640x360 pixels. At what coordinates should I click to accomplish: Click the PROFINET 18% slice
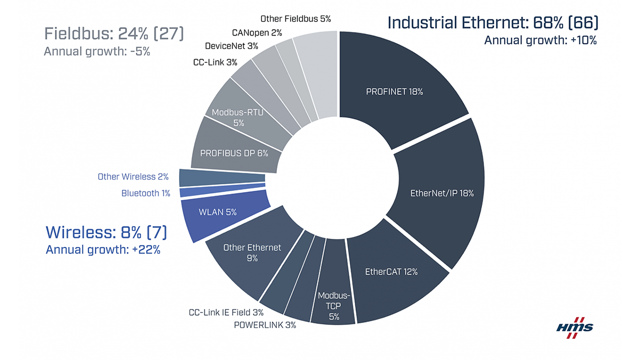(x=395, y=91)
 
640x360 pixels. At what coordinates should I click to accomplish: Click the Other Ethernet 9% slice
(x=252, y=252)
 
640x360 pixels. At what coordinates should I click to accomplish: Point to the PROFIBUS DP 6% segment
(x=234, y=153)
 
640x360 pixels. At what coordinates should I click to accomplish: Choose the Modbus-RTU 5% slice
(x=237, y=117)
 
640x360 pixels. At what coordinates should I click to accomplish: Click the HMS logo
(x=575, y=327)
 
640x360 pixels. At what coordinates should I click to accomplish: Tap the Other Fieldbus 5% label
(x=295, y=19)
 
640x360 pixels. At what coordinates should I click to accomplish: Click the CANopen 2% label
(x=257, y=32)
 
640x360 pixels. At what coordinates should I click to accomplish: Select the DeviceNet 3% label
(x=231, y=46)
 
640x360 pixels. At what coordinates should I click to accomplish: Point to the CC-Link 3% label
(x=215, y=62)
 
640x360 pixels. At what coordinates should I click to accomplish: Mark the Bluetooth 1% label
(x=145, y=193)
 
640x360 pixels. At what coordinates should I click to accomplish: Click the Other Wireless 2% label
(x=133, y=176)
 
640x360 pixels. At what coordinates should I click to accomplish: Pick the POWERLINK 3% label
(x=265, y=325)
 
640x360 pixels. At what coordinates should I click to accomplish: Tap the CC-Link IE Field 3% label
(x=226, y=312)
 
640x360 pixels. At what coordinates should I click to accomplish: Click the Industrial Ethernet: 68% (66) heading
(x=493, y=22)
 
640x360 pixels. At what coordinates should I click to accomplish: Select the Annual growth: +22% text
(x=103, y=250)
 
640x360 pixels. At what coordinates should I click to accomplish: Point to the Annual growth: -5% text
(x=97, y=51)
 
